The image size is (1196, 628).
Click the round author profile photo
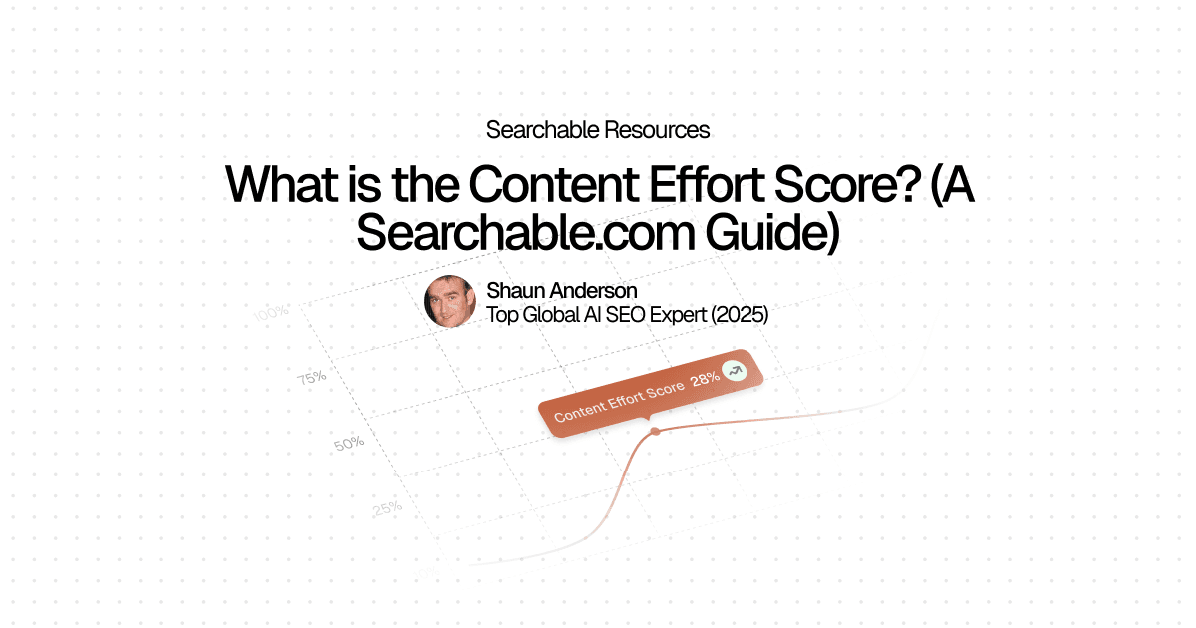[x=449, y=301]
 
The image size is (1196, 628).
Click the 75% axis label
[x=311, y=378]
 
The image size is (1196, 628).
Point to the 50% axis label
[x=349, y=443]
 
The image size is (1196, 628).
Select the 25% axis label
[x=387, y=508]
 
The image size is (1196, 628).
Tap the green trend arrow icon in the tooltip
[x=735, y=370]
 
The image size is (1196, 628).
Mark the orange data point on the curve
[x=655, y=432]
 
